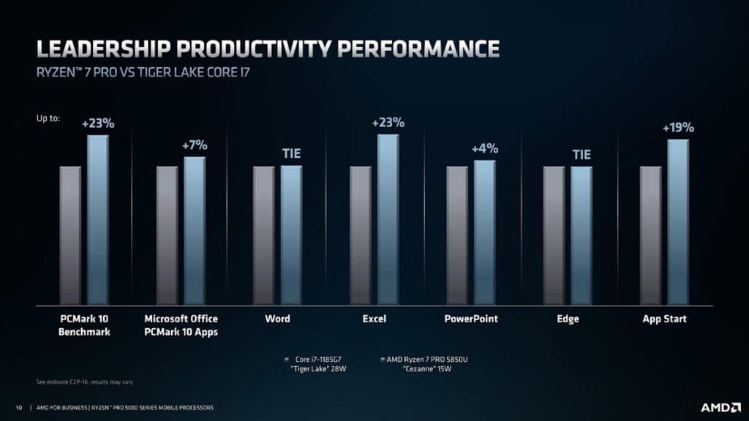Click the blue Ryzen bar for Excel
388,219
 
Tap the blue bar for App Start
677,222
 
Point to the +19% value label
678,128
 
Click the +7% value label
195,146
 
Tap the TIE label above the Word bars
291,154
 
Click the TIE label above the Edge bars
581,155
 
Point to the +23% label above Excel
388,122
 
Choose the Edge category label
568,319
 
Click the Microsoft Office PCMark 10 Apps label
181,325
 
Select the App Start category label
664,319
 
